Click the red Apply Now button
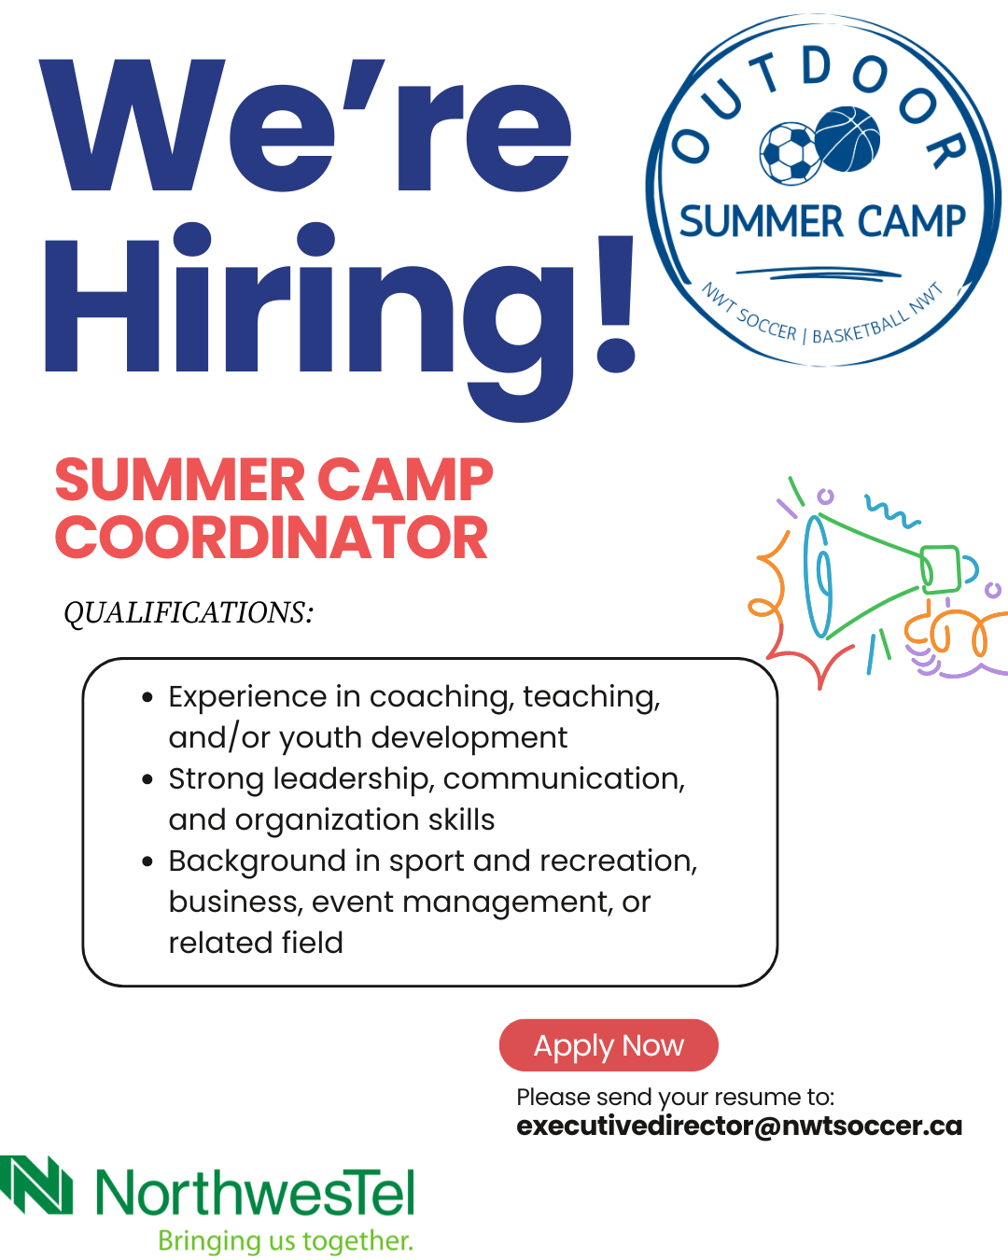click(x=609, y=1045)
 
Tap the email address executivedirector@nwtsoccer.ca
click(x=739, y=1126)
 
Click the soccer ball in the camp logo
click(x=791, y=153)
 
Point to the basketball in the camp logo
click(x=847, y=139)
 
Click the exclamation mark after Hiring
click(x=615, y=303)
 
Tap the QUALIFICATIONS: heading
click(x=189, y=613)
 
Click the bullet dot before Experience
click(x=147, y=697)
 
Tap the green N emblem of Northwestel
click(x=36, y=1184)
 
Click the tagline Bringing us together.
click(x=286, y=1240)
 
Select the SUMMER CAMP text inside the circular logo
click(x=821, y=221)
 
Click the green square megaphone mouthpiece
click(x=940, y=568)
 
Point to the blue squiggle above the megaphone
click(x=892, y=511)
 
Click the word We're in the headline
click(x=304, y=125)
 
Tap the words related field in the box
click(x=256, y=944)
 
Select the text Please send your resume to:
click(x=676, y=1097)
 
